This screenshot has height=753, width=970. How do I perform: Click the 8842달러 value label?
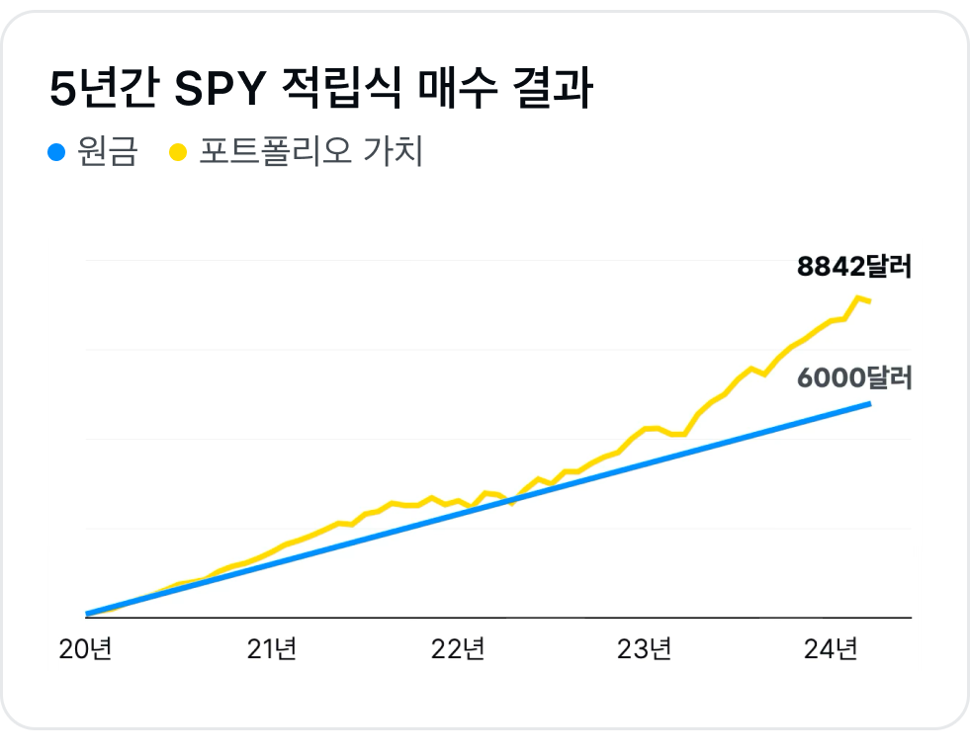853,267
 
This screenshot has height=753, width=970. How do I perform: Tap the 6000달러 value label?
853,378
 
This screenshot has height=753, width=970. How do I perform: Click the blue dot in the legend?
56,152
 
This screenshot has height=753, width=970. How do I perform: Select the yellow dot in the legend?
178,152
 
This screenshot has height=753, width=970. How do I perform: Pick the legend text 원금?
107,152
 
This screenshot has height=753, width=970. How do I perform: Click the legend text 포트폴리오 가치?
311,152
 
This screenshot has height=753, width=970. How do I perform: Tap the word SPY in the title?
220,91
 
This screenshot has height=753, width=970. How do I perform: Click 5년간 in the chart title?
102,91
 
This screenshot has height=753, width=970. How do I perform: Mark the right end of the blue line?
869,403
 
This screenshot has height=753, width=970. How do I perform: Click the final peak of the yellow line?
856,297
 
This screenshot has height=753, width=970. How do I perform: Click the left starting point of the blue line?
88,614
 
